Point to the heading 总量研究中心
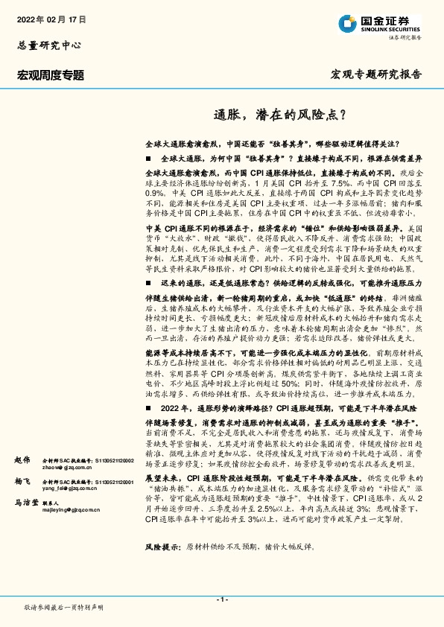[x=48, y=44]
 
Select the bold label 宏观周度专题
[x=51, y=74]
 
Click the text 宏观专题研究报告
[x=375, y=74]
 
